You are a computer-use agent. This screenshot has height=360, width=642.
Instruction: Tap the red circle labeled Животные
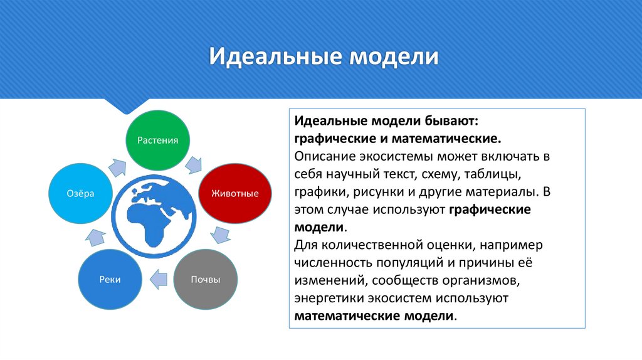coord(229,193)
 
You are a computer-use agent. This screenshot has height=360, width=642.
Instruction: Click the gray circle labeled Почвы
coord(205,280)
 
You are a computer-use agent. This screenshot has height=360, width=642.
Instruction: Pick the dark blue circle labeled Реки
coord(109,280)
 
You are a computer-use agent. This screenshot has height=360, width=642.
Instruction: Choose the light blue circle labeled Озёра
coord(80,193)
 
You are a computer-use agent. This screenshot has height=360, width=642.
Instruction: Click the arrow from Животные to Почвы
coord(220,235)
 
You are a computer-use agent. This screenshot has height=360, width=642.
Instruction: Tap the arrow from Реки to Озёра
coord(95,237)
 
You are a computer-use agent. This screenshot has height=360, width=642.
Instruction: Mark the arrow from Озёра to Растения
coord(117,166)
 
